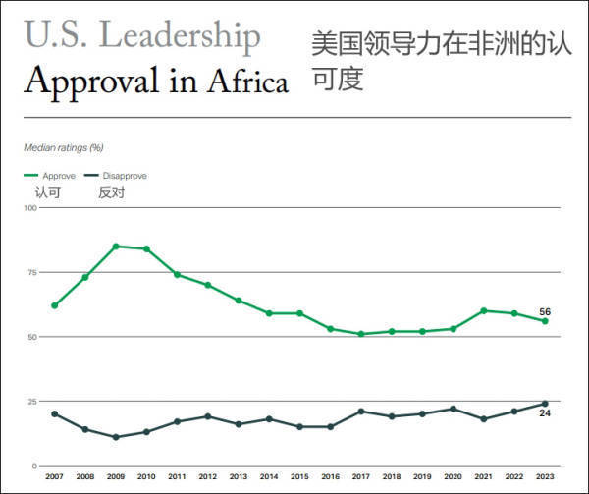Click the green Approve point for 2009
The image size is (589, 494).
[116, 246]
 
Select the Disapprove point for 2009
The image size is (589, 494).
[116, 437]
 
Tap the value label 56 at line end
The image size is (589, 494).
[545, 312]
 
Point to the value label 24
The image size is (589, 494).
[545, 413]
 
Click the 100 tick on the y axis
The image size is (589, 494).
[29, 207]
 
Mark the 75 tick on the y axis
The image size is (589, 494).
[31, 272]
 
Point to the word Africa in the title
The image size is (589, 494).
[247, 81]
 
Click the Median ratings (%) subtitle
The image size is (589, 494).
[63, 147]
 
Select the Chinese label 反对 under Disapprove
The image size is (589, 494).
[111, 192]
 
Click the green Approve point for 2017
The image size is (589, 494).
[361, 334]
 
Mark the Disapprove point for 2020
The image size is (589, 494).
[453, 409]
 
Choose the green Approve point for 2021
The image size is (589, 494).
[484, 310]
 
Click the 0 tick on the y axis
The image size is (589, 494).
[34, 466]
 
